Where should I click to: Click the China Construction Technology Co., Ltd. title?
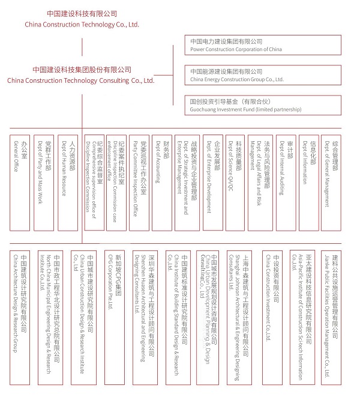(x=82, y=19)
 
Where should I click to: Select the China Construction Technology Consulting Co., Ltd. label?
(x=81, y=75)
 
